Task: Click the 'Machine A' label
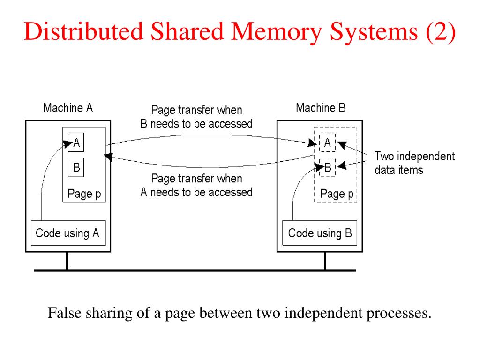[x=68, y=108]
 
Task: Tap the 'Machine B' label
[x=321, y=108]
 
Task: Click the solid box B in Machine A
[x=76, y=167]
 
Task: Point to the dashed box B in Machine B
[x=328, y=167]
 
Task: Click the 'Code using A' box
[x=68, y=233]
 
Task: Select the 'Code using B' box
[x=320, y=233]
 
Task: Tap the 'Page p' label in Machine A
[x=84, y=193]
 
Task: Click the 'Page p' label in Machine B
[x=336, y=193]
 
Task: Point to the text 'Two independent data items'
[x=414, y=163]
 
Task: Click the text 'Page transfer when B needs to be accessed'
[x=196, y=117]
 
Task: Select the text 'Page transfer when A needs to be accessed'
[x=196, y=185]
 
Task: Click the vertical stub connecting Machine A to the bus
[x=67, y=261]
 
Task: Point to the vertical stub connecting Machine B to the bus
[x=324, y=261]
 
